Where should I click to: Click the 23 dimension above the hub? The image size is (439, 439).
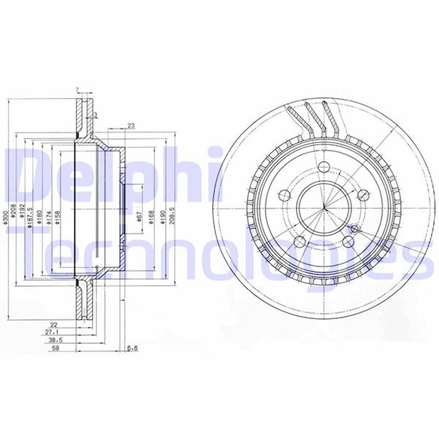click(x=131, y=126)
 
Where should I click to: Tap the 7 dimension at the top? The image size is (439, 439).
click(x=77, y=89)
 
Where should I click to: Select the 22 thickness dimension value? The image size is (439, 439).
click(x=55, y=324)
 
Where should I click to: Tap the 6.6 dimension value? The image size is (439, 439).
click(x=132, y=348)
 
